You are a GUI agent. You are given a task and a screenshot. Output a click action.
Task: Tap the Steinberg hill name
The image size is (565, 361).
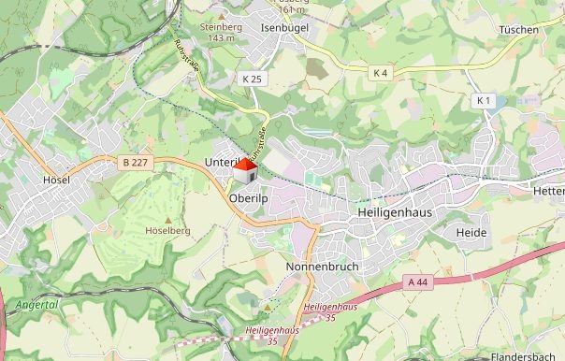click(x=223, y=27)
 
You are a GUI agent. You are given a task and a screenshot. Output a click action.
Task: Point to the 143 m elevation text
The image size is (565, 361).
click(x=223, y=38)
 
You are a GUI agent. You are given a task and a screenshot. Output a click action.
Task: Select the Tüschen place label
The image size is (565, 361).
click(x=519, y=30)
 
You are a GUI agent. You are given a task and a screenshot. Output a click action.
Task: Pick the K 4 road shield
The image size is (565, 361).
click(x=380, y=73)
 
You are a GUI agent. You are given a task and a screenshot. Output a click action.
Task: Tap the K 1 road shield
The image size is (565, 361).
click(x=483, y=100)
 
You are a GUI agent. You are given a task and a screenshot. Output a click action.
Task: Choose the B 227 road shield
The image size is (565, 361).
click(x=135, y=163)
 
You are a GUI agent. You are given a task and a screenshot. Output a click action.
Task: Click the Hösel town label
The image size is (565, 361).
click(x=57, y=180)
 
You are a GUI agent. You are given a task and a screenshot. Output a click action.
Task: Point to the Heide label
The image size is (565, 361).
click(x=467, y=231)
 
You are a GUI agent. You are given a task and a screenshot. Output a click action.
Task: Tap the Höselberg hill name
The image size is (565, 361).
click(x=167, y=230)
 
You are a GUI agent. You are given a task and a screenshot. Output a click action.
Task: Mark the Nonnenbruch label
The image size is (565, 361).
click(x=322, y=267)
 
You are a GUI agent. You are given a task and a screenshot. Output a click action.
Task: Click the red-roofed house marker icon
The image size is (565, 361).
click(x=245, y=171)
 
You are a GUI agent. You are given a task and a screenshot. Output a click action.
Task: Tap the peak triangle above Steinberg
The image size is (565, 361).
click(x=222, y=16)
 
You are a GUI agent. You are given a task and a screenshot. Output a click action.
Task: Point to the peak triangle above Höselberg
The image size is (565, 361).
click(x=167, y=218)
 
